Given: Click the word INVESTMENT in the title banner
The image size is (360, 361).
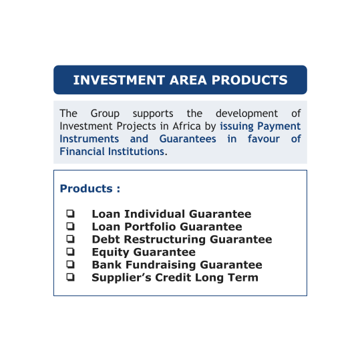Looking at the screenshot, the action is [x=119, y=80].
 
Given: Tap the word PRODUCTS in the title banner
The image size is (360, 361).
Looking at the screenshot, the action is [x=250, y=80].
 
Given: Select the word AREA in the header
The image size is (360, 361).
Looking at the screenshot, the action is [x=188, y=80].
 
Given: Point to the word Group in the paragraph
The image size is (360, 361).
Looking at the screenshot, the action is [x=105, y=114].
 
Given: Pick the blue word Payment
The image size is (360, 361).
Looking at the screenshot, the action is [x=279, y=126].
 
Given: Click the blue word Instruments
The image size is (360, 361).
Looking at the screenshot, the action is [x=89, y=139].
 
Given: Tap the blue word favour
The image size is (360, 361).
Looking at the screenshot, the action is [x=264, y=139].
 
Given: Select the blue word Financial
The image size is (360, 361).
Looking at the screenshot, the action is [x=82, y=152].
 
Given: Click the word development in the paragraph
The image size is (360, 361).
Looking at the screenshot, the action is [x=246, y=114].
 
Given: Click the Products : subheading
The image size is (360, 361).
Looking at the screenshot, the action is [x=90, y=189].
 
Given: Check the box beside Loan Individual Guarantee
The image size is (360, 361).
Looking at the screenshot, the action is [x=71, y=213].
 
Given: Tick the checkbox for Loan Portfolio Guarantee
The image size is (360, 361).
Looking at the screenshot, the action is [x=71, y=226].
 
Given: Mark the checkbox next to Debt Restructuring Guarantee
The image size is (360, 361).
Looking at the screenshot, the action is [x=71, y=239].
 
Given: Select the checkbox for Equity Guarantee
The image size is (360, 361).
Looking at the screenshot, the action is [x=71, y=251].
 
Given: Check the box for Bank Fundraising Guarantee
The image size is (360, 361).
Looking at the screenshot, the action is [x=71, y=264].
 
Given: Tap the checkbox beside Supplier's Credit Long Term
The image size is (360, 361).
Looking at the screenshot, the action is [x=71, y=277].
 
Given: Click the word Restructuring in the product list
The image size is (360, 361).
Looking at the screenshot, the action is [x=165, y=240].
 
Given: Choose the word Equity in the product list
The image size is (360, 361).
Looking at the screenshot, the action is [x=110, y=252].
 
